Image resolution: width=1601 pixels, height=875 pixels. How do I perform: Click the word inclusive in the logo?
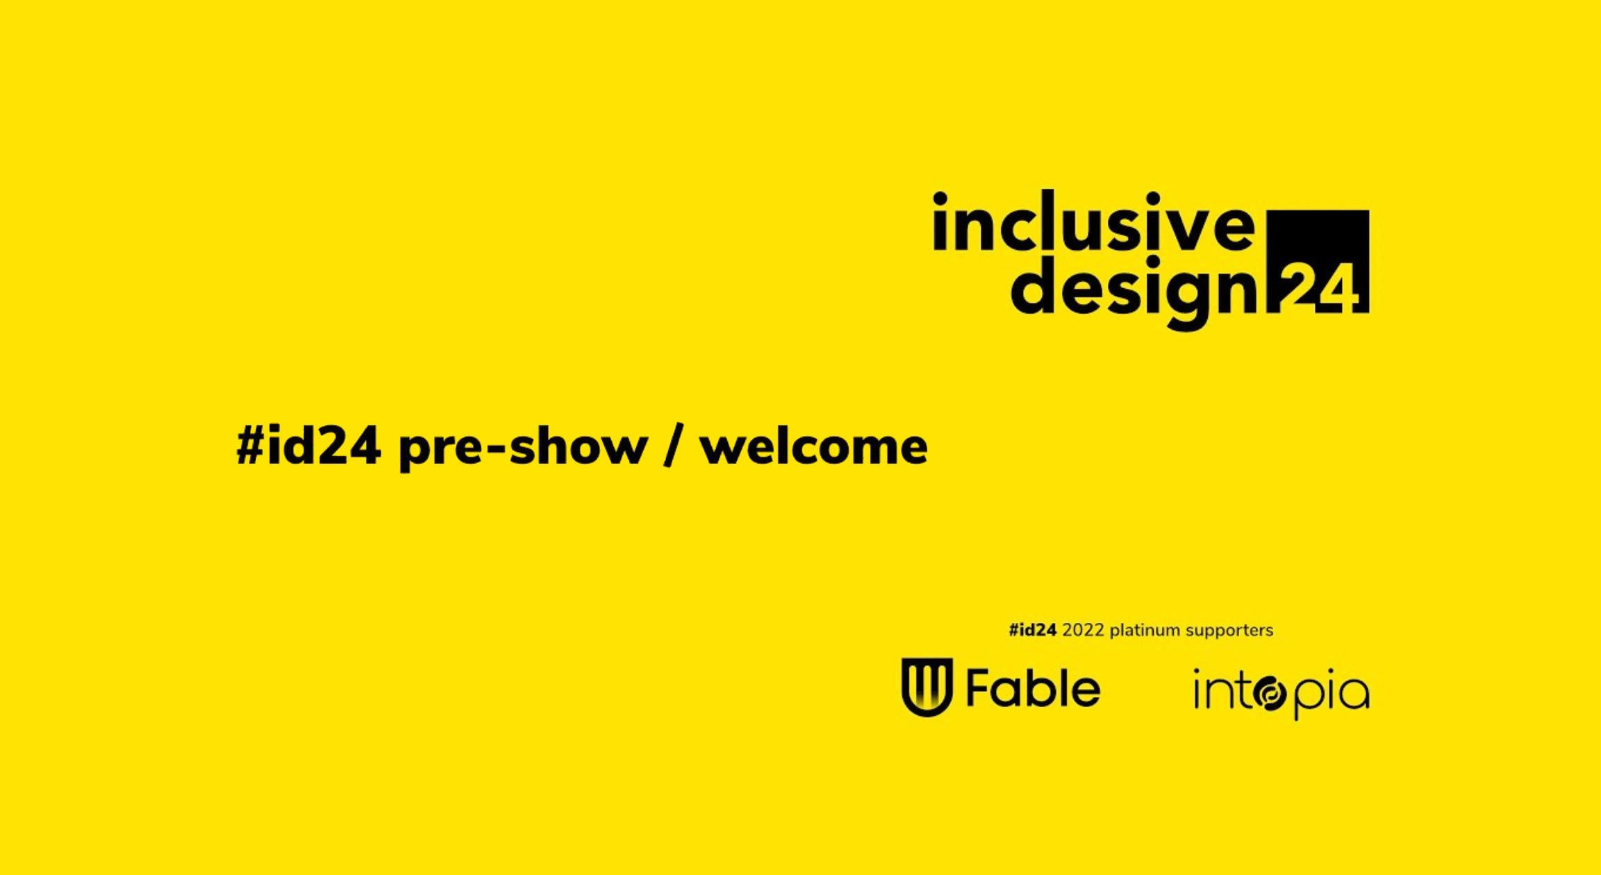[1093, 222]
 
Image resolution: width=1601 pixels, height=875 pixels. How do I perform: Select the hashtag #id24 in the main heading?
[308, 446]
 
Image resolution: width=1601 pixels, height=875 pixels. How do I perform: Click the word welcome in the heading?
[813, 447]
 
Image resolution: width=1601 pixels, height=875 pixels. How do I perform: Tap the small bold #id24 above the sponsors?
[1032, 631]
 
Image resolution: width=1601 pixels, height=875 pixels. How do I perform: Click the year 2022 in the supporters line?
[1083, 631]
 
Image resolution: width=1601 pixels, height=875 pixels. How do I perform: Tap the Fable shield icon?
[927, 687]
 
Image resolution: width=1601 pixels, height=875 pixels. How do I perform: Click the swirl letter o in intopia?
[1270, 695]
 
